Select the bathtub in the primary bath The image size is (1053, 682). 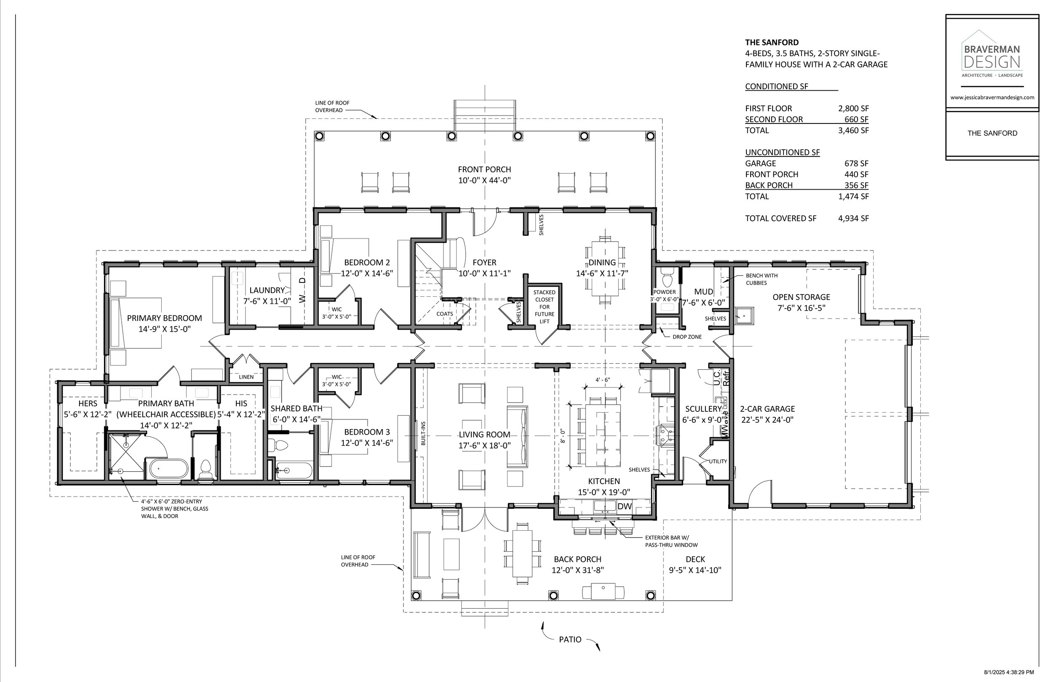tap(168, 469)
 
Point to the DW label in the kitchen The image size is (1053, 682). tap(624, 506)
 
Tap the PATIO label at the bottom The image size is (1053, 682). tap(570, 639)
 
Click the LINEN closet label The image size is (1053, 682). tap(246, 377)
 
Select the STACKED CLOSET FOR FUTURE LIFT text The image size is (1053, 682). tap(544, 306)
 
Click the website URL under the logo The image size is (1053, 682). tap(992, 97)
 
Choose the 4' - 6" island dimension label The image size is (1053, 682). tap(603, 379)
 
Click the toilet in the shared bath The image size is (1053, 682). tap(278, 445)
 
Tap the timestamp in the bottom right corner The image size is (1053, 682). tap(1009, 672)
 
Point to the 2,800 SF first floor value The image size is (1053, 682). tap(853, 108)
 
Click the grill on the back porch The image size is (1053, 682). tap(604, 592)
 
